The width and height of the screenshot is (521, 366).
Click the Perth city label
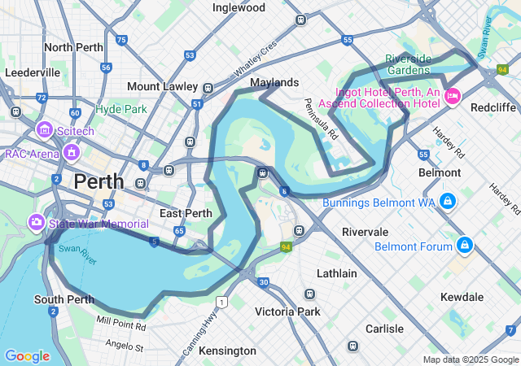(x=99, y=181)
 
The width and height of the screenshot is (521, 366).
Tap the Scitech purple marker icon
(x=44, y=129)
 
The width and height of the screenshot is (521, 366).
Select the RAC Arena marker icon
(x=72, y=152)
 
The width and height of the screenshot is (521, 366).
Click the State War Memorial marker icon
(x=37, y=222)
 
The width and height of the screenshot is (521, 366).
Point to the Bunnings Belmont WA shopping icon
(x=447, y=201)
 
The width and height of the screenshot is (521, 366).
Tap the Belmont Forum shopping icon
(x=464, y=244)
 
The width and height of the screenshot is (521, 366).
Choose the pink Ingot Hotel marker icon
(x=453, y=96)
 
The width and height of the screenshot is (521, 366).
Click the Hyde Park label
(x=121, y=109)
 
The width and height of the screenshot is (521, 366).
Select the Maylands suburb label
(x=274, y=83)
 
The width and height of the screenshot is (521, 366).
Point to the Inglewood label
(x=239, y=7)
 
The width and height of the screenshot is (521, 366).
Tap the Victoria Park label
(x=287, y=312)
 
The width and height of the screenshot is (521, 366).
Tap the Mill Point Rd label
(x=121, y=325)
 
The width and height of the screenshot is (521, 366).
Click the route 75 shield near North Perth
(x=121, y=39)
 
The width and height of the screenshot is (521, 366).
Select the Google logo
(x=27, y=356)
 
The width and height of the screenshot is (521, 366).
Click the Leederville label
(x=33, y=72)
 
